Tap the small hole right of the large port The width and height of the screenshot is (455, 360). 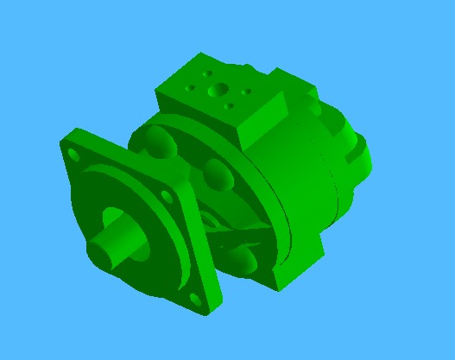point(247,91)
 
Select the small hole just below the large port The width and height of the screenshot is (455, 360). point(230,106)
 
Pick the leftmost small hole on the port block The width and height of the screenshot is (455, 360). point(191,88)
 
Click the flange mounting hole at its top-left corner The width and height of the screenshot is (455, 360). point(73,155)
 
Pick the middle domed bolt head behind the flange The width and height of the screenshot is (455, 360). point(218,174)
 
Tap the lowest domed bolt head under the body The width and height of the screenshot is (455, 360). point(244,262)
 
